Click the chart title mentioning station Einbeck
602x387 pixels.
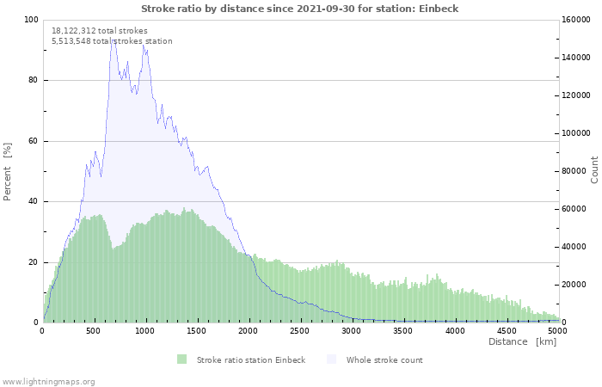[299, 9]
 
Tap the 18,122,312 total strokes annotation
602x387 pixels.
[99, 31]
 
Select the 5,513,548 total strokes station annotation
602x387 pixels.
[112, 41]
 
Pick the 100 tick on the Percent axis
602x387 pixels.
[31, 20]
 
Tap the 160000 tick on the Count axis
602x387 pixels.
[576, 20]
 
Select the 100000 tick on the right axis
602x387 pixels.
[576, 133]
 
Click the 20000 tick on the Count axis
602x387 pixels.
[574, 285]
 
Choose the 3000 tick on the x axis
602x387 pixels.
[352, 331]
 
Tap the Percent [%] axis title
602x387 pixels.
[8, 171]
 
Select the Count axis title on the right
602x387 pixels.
[594, 169]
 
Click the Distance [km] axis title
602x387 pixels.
[522, 342]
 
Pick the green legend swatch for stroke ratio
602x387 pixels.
[181, 359]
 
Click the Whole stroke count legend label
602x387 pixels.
[384, 359]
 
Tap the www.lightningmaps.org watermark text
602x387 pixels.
[48, 381]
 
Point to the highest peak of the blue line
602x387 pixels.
[112, 38]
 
